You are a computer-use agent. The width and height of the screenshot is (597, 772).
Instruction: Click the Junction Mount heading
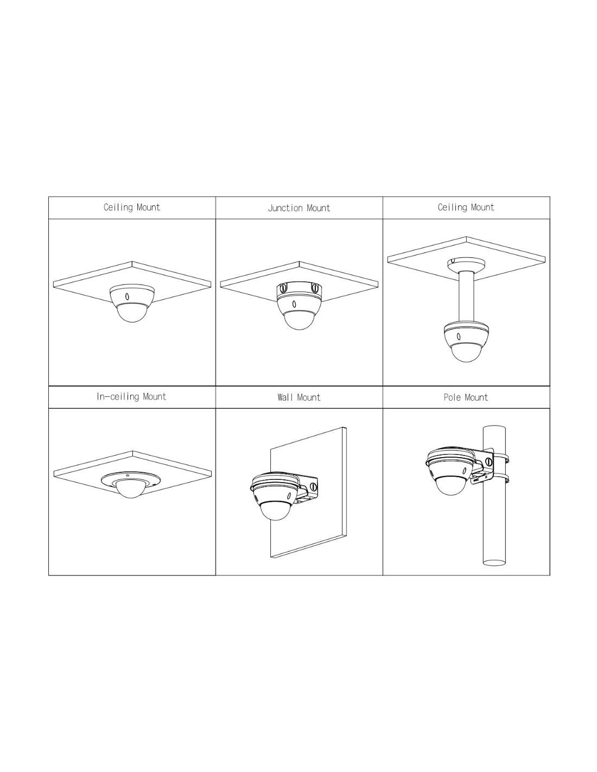[298, 208]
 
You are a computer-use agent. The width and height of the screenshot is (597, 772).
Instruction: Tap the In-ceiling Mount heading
[131, 396]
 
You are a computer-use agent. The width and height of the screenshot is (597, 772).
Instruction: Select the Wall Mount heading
[299, 397]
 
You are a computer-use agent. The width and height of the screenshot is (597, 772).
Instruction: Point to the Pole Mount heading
[466, 397]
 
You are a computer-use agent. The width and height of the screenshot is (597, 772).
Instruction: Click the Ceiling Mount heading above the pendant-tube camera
[466, 207]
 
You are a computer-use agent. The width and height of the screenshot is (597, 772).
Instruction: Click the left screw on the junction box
[283, 287]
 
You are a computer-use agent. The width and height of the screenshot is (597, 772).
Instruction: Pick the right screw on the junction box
[314, 287]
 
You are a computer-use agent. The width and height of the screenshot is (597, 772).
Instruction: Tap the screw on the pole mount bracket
[489, 462]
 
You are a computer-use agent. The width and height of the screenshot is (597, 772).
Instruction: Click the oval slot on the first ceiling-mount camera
[127, 296]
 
